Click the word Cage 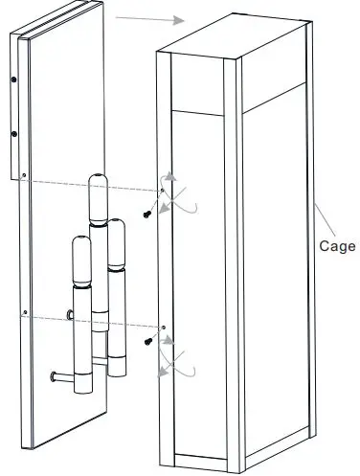(x=336, y=245)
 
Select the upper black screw (x=147, y=212)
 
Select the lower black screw (x=147, y=340)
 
